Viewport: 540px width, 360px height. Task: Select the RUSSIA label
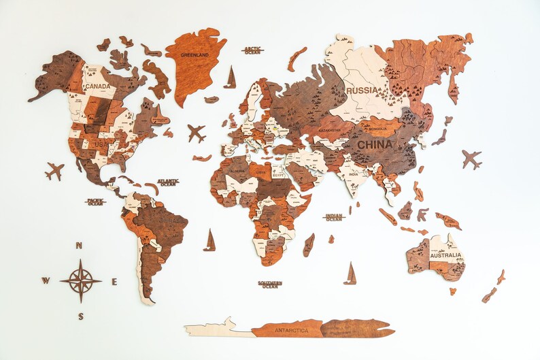click(x=361, y=90)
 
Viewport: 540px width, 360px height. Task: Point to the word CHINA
click(x=375, y=145)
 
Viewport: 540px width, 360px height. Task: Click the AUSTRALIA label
click(x=446, y=256)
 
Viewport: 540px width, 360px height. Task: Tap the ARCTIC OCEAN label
click(x=252, y=50)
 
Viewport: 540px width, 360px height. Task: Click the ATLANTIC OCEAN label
click(x=168, y=182)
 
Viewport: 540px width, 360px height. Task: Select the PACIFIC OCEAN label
click(x=96, y=201)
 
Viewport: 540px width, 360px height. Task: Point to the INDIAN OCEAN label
click(x=334, y=217)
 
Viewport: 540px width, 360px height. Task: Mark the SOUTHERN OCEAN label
click(x=269, y=284)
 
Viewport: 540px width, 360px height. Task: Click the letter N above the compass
click(x=79, y=246)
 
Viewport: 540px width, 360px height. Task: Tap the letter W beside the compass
click(x=46, y=280)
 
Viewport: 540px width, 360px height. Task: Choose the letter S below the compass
click(x=80, y=316)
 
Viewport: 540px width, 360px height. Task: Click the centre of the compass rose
click(x=80, y=280)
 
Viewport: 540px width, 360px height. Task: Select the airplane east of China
click(x=471, y=159)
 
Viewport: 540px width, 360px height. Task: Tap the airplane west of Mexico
click(x=54, y=170)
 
